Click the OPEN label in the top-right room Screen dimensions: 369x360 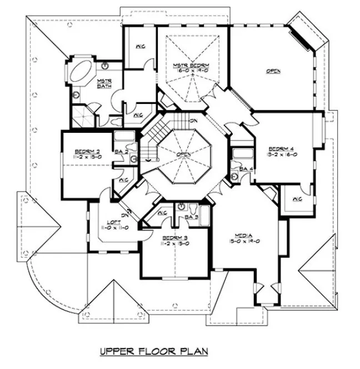[x=272, y=71]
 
